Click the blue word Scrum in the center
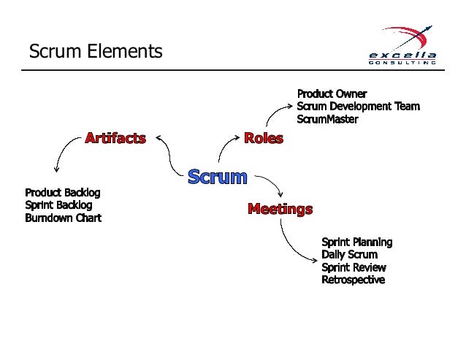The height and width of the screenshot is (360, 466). (x=217, y=177)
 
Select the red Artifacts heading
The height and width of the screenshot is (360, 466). (x=115, y=137)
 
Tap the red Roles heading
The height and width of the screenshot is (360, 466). (x=263, y=137)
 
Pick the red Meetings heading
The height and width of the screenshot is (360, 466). (x=280, y=209)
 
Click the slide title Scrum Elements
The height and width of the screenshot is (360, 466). (x=95, y=52)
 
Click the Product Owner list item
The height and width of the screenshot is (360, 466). (x=332, y=93)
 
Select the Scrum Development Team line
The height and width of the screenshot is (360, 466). (x=358, y=106)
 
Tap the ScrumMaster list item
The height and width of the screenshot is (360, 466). (x=327, y=118)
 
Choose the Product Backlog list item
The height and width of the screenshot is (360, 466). (x=62, y=192)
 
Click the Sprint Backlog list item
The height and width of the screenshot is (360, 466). (x=58, y=204)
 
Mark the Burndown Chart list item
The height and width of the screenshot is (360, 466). (x=63, y=218)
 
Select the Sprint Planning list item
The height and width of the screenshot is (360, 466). (x=356, y=242)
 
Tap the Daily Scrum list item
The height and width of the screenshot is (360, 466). (x=349, y=254)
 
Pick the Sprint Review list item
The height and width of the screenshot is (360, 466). (x=354, y=267)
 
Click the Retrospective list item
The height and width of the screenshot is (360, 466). (x=353, y=280)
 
